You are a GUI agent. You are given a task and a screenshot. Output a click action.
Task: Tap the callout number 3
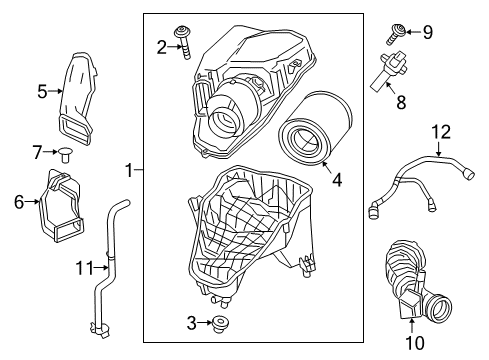[192, 322]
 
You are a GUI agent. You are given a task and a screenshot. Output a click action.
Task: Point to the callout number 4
[337, 181]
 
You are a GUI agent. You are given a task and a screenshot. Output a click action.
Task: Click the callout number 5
[43, 91]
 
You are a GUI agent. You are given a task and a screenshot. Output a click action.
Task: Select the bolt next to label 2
[185, 40]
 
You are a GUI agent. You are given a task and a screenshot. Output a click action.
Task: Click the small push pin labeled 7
[66, 153]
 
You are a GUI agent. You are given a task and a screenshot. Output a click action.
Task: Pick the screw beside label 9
[397, 38]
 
